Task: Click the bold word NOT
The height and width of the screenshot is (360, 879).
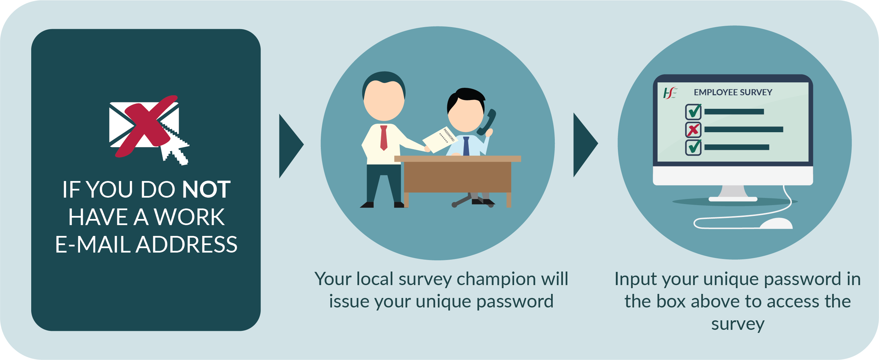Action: tap(207, 189)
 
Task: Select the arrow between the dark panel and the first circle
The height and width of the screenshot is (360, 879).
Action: tap(290, 146)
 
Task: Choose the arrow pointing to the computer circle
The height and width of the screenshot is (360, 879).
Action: tap(585, 145)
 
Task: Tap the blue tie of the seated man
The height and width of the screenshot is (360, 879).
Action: tap(466, 146)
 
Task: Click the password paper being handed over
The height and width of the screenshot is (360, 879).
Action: tap(440, 139)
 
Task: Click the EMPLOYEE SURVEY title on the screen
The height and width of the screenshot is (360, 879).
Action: tap(733, 93)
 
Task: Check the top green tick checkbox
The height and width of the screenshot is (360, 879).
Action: tap(694, 112)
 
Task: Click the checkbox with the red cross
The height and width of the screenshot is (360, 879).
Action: tap(694, 130)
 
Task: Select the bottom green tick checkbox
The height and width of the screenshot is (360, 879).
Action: tap(694, 147)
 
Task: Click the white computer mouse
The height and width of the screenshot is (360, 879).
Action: tap(776, 223)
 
